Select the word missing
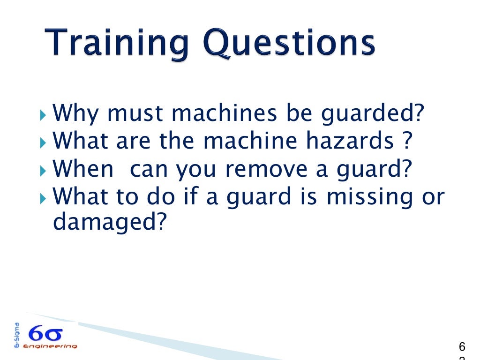tap(367, 197)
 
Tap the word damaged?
tap(110, 223)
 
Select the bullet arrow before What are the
tap(44, 142)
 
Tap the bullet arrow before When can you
tap(44, 170)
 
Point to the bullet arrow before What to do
tap(44, 197)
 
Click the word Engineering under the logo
tap(52, 346)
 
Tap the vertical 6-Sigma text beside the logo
tap(17, 335)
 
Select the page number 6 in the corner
tap(462, 347)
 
